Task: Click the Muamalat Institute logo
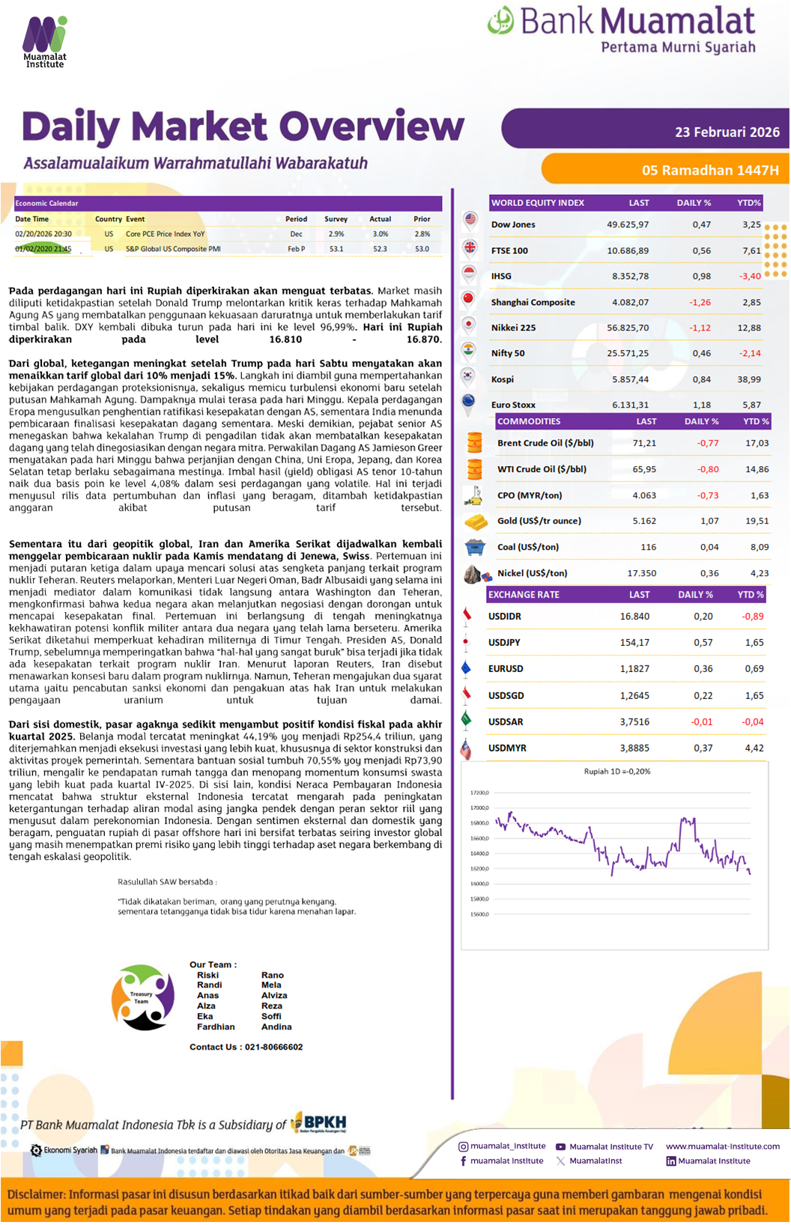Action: click(45, 42)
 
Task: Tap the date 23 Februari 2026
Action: click(727, 132)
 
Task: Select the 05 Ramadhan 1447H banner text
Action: click(709, 170)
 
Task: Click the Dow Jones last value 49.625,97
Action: click(628, 225)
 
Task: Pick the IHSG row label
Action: click(501, 276)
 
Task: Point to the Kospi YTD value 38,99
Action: click(749, 380)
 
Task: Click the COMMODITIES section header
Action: click(529, 422)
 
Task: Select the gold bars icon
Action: click(476, 521)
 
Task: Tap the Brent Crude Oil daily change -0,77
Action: click(707, 444)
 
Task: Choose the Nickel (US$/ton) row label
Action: click(532, 573)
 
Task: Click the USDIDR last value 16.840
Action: click(634, 617)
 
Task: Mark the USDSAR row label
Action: click(506, 722)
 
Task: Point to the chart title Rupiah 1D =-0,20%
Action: click(617, 771)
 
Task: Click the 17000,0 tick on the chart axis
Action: click(479, 808)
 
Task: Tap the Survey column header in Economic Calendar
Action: click(336, 220)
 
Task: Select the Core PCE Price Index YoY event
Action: click(165, 235)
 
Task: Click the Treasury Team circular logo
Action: click(142, 997)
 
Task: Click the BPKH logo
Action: click(321, 1122)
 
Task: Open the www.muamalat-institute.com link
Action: click(722, 1146)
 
